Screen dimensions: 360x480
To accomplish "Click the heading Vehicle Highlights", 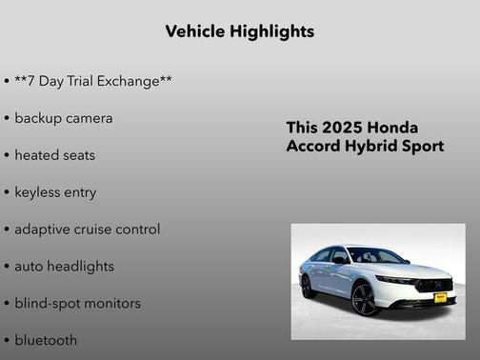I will [239, 31].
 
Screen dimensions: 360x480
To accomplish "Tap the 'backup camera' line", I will [63, 118].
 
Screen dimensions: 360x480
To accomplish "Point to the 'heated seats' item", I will [54, 155].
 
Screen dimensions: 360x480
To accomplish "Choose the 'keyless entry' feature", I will [55, 192].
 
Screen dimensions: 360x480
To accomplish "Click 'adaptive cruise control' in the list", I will [87, 230].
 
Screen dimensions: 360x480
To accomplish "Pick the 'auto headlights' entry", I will [64, 267].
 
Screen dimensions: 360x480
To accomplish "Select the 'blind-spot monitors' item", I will [77, 304].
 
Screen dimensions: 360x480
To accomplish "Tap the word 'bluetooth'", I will [46, 340].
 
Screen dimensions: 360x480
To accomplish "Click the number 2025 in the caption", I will [343, 128].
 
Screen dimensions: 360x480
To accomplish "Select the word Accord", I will [311, 147].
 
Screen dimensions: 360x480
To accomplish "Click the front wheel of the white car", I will [365, 300].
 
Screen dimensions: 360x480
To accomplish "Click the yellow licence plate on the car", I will [439, 297].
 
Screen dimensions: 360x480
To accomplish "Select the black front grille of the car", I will [434, 285].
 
